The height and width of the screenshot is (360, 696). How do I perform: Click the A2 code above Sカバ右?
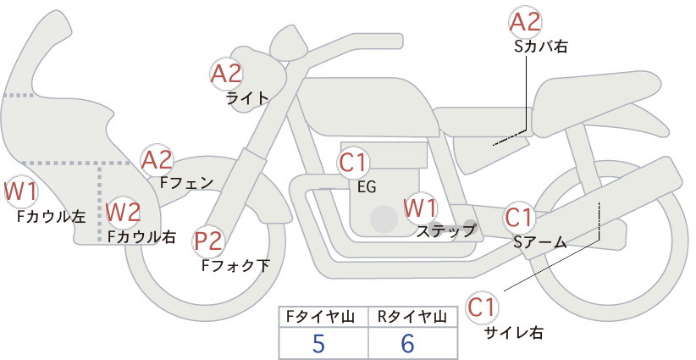[525, 22]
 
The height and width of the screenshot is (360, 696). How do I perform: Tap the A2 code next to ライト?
[226, 74]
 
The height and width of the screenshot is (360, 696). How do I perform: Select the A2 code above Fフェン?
[157, 160]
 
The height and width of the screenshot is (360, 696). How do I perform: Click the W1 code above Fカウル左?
[20, 191]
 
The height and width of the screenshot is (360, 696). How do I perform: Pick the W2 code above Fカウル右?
[124, 212]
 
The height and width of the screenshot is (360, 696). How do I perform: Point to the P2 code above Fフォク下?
[208, 242]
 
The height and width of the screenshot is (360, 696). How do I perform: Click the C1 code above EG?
[353, 163]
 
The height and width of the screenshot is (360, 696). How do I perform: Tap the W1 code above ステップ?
[420, 208]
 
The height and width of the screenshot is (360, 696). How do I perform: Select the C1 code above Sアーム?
[517, 218]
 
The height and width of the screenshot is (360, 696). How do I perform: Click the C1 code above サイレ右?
[481, 307]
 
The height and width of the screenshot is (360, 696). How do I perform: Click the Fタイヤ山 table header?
[320, 317]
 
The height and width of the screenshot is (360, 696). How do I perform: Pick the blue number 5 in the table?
[318, 343]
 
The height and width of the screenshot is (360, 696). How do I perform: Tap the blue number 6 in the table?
[407, 343]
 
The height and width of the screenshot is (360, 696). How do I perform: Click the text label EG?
[367, 187]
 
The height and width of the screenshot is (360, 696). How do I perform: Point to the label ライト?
[248, 98]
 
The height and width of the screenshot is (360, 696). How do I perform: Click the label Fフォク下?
[235, 265]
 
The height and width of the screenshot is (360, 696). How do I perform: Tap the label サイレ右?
[514, 333]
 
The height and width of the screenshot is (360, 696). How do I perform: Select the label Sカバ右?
[541, 47]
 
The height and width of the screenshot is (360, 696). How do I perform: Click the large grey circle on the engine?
[384, 219]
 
